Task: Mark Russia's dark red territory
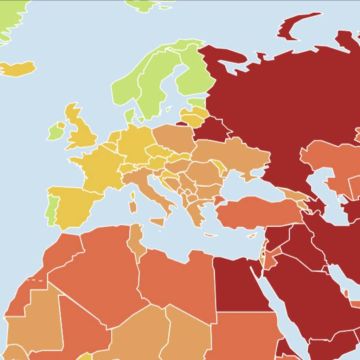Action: (270, 100)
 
